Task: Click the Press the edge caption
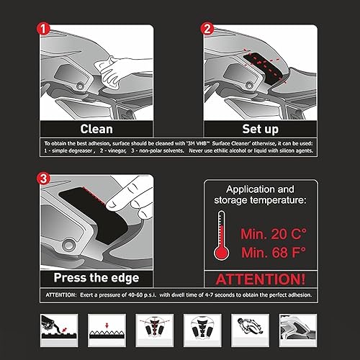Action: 96,277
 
